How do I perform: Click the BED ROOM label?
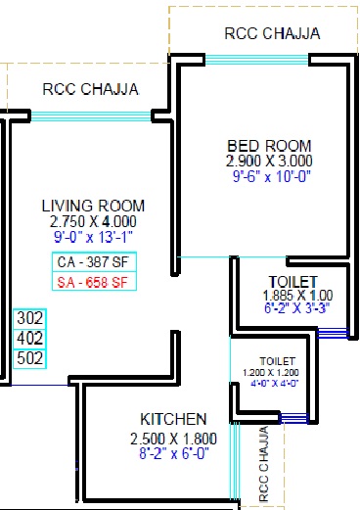(269, 146)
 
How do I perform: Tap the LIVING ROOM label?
(93, 206)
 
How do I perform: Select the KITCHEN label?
(173, 419)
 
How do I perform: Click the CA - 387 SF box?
(94, 261)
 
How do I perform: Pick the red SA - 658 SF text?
(93, 282)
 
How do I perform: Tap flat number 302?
(29, 318)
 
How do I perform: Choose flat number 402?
(29, 339)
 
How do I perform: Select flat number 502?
(29, 358)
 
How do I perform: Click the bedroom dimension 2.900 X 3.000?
(269, 161)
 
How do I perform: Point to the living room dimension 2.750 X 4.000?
(93, 221)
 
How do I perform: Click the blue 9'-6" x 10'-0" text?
(271, 176)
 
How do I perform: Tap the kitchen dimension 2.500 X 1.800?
(173, 439)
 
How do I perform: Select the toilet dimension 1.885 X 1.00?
(297, 296)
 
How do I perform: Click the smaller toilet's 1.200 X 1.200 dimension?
(271, 372)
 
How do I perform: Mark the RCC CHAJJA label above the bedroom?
(272, 33)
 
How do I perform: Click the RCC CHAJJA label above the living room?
(91, 89)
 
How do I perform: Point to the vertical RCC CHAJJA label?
(264, 463)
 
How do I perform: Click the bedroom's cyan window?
(256, 60)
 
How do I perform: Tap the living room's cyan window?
(91, 116)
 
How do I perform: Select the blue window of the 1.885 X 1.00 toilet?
(333, 333)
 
